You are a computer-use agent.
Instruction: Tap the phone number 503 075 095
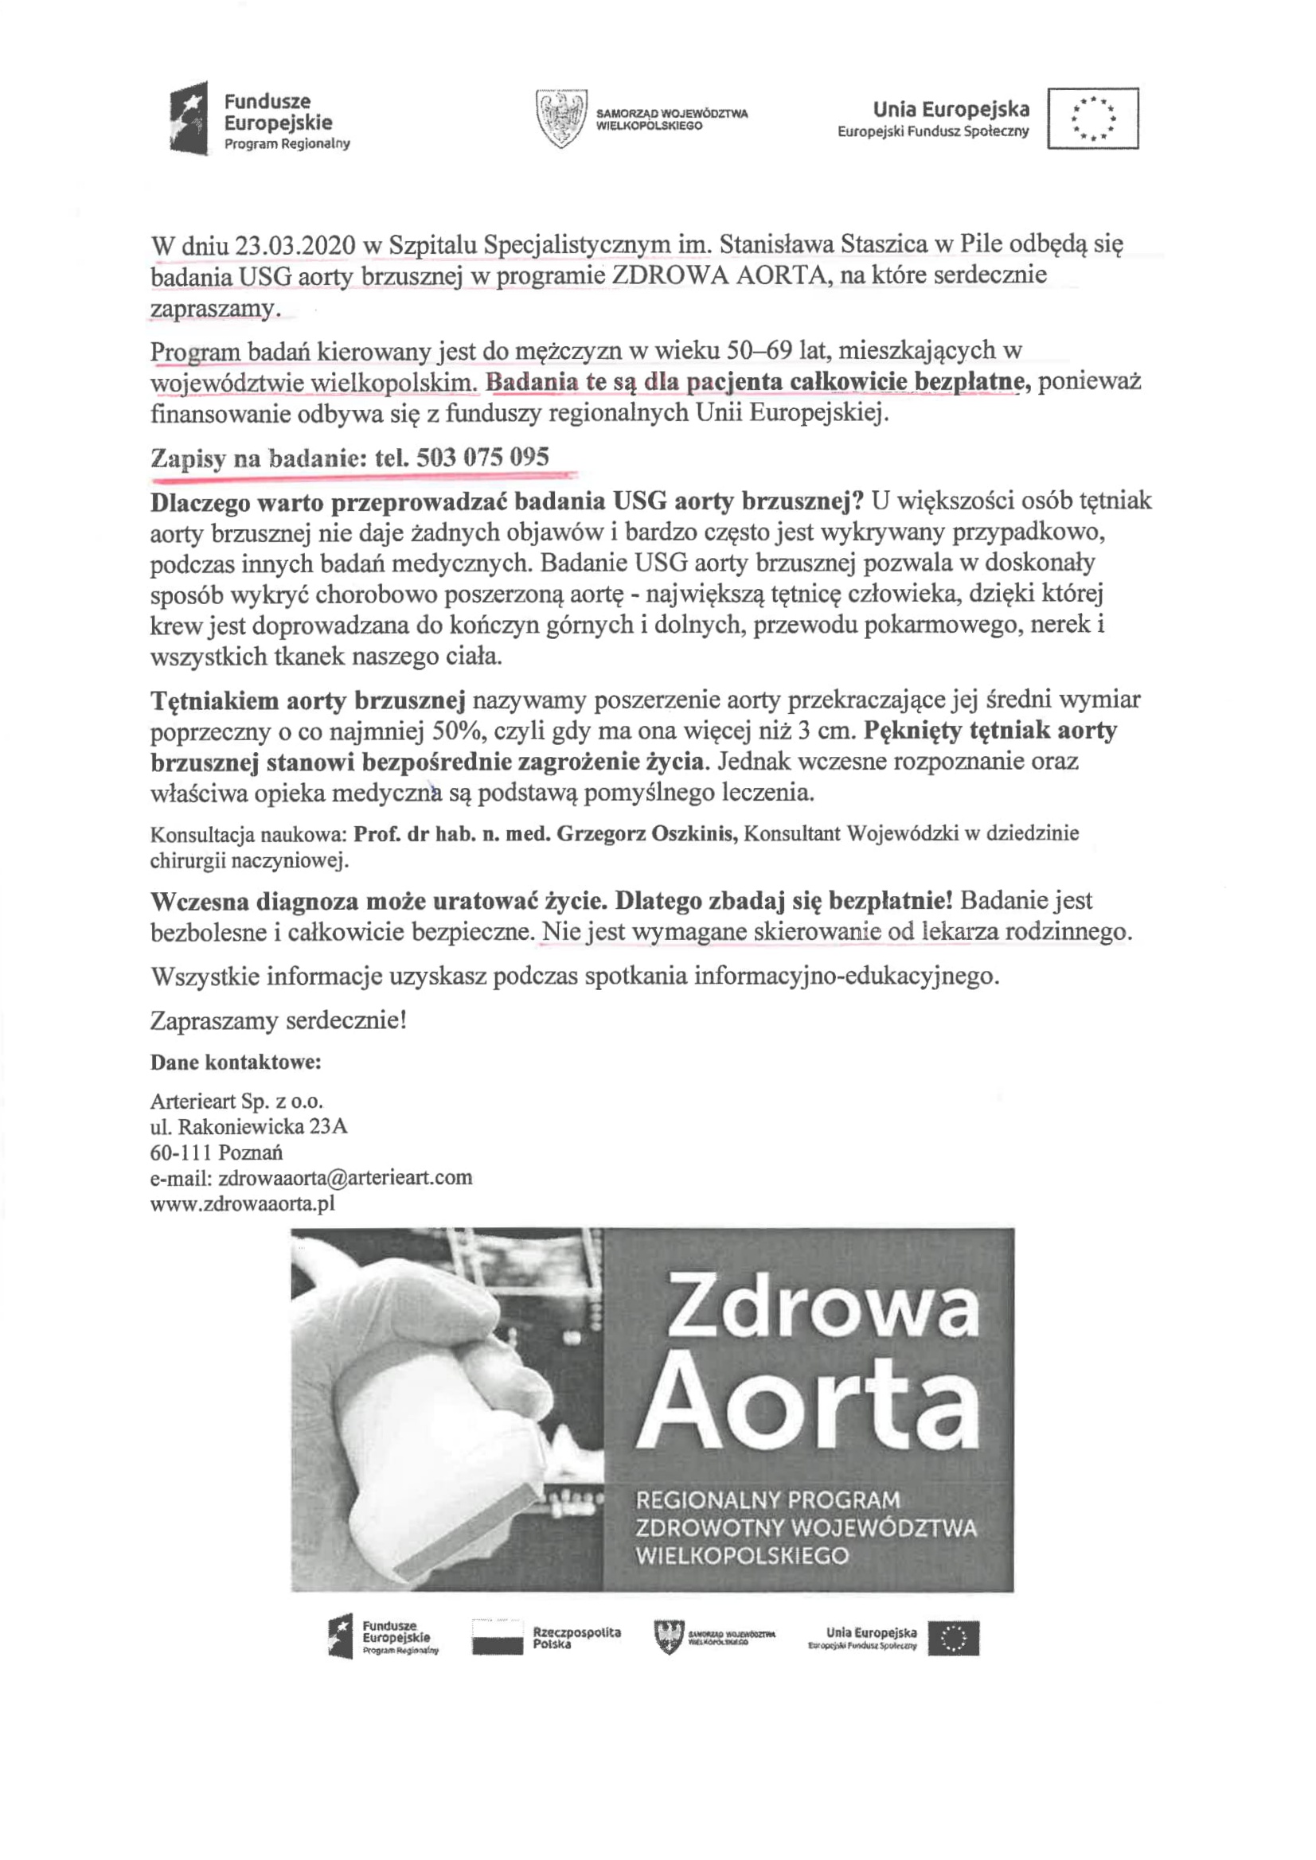(x=483, y=458)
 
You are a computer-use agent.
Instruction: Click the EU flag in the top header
(x=1092, y=119)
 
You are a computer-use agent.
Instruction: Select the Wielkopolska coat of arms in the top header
(x=560, y=119)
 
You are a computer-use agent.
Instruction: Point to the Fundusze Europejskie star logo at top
(x=189, y=119)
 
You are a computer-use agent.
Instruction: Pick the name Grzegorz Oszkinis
(x=646, y=833)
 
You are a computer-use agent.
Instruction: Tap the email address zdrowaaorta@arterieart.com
(x=346, y=1177)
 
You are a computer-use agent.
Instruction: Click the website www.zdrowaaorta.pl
(x=242, y=1203)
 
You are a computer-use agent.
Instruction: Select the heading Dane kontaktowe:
(x=236, y=1062)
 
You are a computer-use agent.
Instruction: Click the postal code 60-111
(x=181, y=1152)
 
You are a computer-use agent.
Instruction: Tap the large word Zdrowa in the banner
(x=821, y=1306)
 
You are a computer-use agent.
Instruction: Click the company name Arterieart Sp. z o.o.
(x=236, y=1101)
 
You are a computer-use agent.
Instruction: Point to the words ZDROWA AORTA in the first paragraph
(x=721, y=275)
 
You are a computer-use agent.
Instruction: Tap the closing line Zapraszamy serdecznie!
(x=278, y=1020)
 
